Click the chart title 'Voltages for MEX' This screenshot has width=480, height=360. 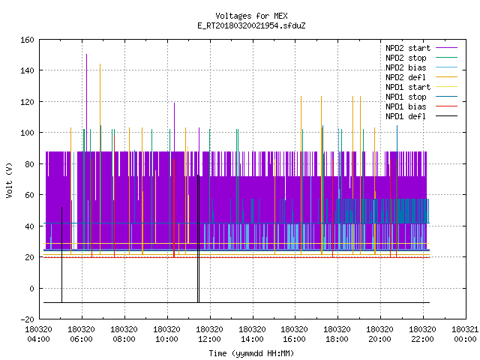click(251, 16)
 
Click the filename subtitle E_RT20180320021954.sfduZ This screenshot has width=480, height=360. click(251, 25)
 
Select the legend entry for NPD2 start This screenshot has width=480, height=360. click(421, 48)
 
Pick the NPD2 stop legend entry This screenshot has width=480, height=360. click(421, 58)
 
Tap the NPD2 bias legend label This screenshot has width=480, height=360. click(406, 67)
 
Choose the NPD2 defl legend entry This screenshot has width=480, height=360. click(421, 77)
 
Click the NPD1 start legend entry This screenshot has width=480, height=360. click(421, 87)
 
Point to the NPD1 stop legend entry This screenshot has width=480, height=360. click(421, 97)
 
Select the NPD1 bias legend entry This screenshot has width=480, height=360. click(421, 106)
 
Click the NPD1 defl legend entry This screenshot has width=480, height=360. click(421, 117)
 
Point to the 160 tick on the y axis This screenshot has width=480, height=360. click(27, 40)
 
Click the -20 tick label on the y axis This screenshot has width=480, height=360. click(27, 319)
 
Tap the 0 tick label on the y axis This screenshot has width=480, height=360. click(31, 289)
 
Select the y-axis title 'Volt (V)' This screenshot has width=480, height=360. click(9, 180)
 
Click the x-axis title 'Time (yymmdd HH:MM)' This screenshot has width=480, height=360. click(251, 353)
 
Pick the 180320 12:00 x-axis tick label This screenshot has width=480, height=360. click(209, 334)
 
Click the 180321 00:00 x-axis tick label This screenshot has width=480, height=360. click(465, 334)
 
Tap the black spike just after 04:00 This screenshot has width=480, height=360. click(61, 255)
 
